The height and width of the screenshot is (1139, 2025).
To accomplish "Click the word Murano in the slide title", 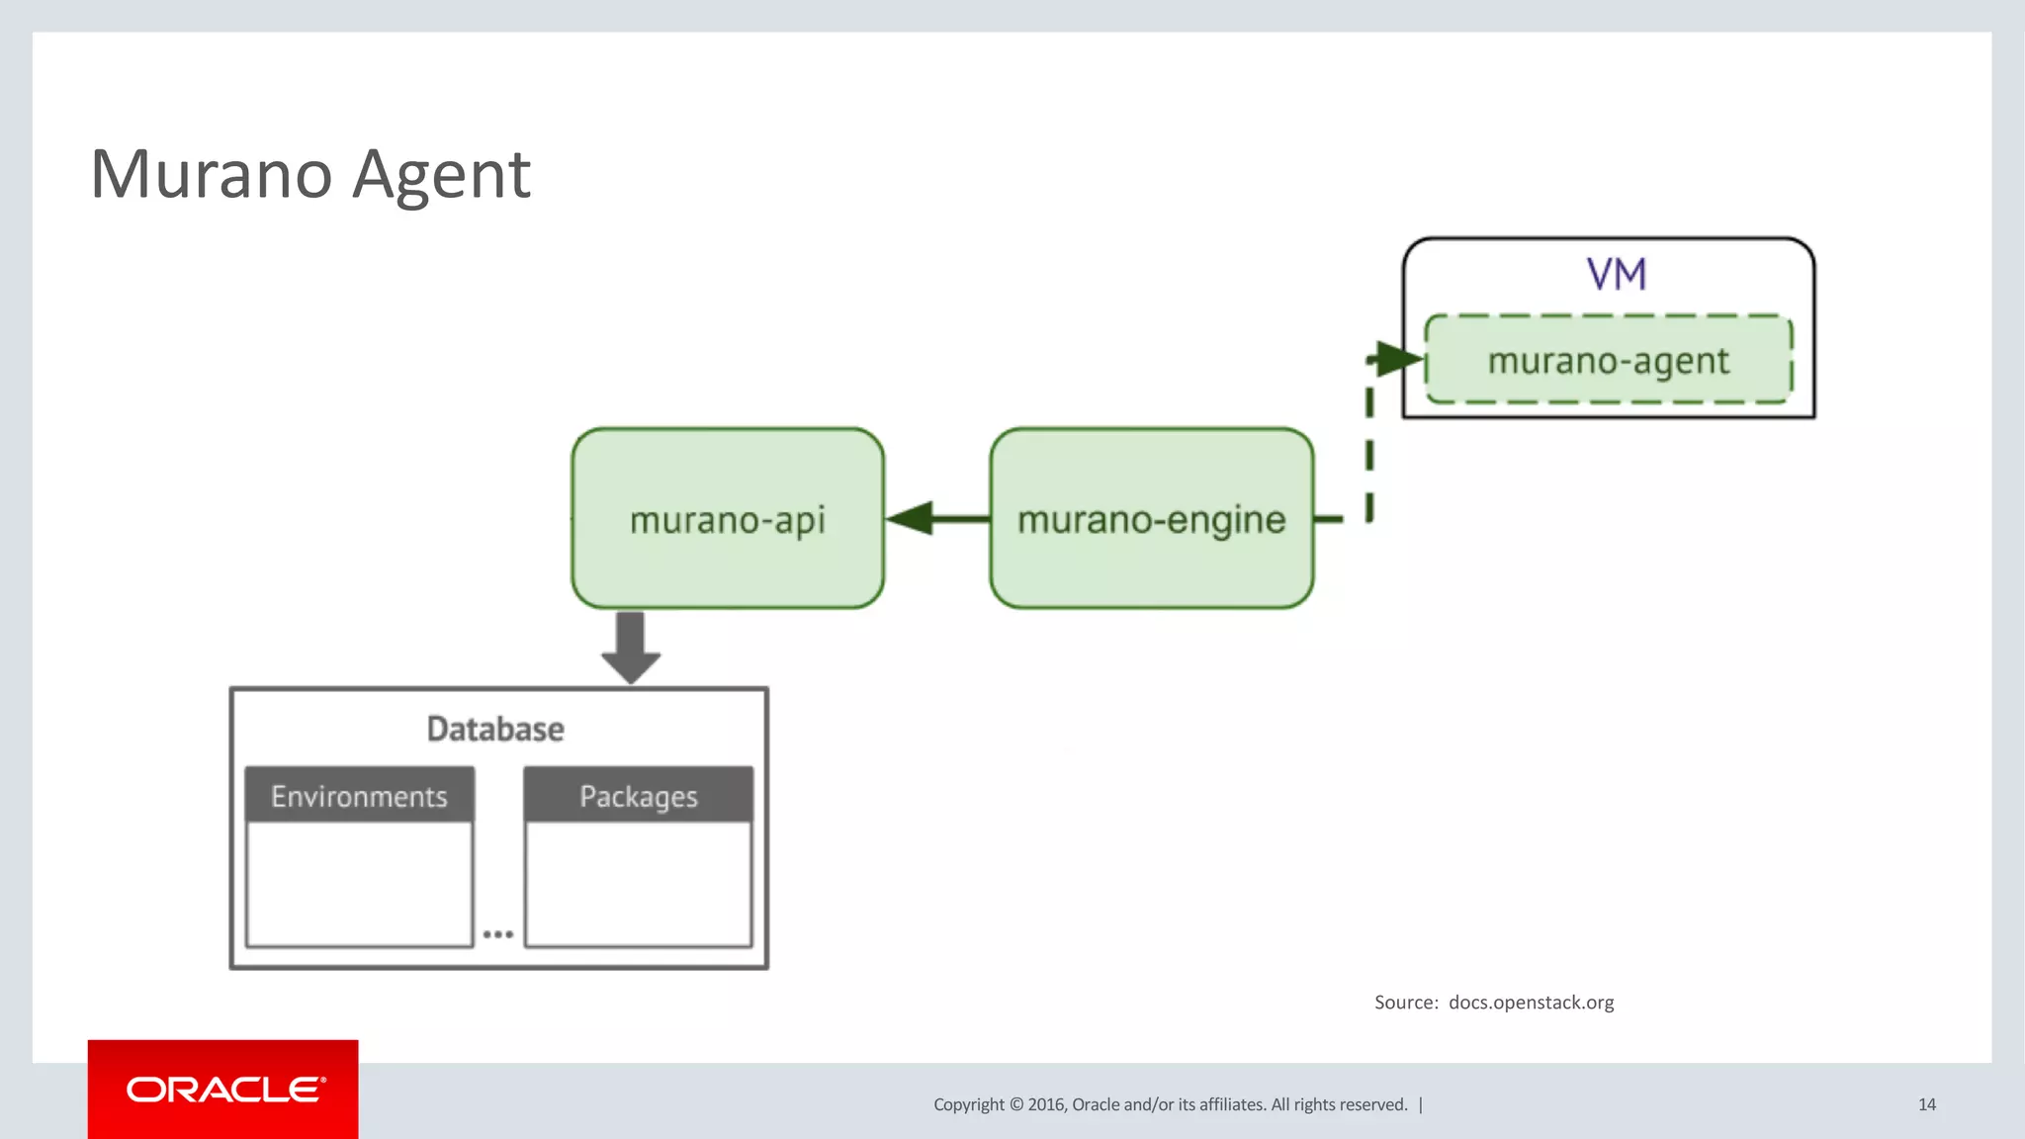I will (x=211, y=175).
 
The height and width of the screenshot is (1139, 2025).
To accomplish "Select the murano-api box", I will (x=727, y=519).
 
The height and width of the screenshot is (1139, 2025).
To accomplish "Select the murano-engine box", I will (x=1151, y=519).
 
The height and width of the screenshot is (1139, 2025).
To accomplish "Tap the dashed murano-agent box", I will (x=1608, y=360).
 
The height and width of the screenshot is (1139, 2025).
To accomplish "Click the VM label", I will (x=1616, y=274).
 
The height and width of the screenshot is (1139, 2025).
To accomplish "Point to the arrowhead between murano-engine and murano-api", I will (x=911, y=518).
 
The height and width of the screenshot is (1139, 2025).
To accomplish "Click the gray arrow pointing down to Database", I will (x=631, y=648).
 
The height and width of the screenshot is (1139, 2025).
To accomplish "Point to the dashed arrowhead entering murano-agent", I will (x=1398, y=358).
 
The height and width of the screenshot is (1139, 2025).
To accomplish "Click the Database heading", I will (x=495, y=729).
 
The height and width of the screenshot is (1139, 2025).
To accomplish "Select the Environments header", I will (x=359, y=796).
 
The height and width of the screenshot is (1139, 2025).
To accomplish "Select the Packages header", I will (x=638, y=796).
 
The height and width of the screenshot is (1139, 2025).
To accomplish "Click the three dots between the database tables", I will (x=497, y=933).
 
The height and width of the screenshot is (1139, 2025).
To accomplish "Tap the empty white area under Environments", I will (x=359, y=883).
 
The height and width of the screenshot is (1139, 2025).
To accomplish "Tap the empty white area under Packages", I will (x=638, y=883).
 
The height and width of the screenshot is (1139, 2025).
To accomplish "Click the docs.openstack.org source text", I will (x=1531, y=1003).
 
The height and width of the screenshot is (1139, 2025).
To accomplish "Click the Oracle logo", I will (x=223, y=1090).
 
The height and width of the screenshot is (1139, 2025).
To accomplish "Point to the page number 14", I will (x=1926, y=1104).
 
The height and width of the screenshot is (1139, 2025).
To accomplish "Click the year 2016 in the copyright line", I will (x=1046, y=1104).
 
